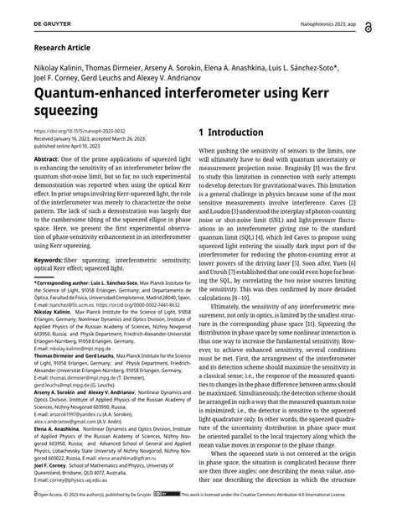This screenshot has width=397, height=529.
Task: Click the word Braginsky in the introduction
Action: (x=290, y=177)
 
